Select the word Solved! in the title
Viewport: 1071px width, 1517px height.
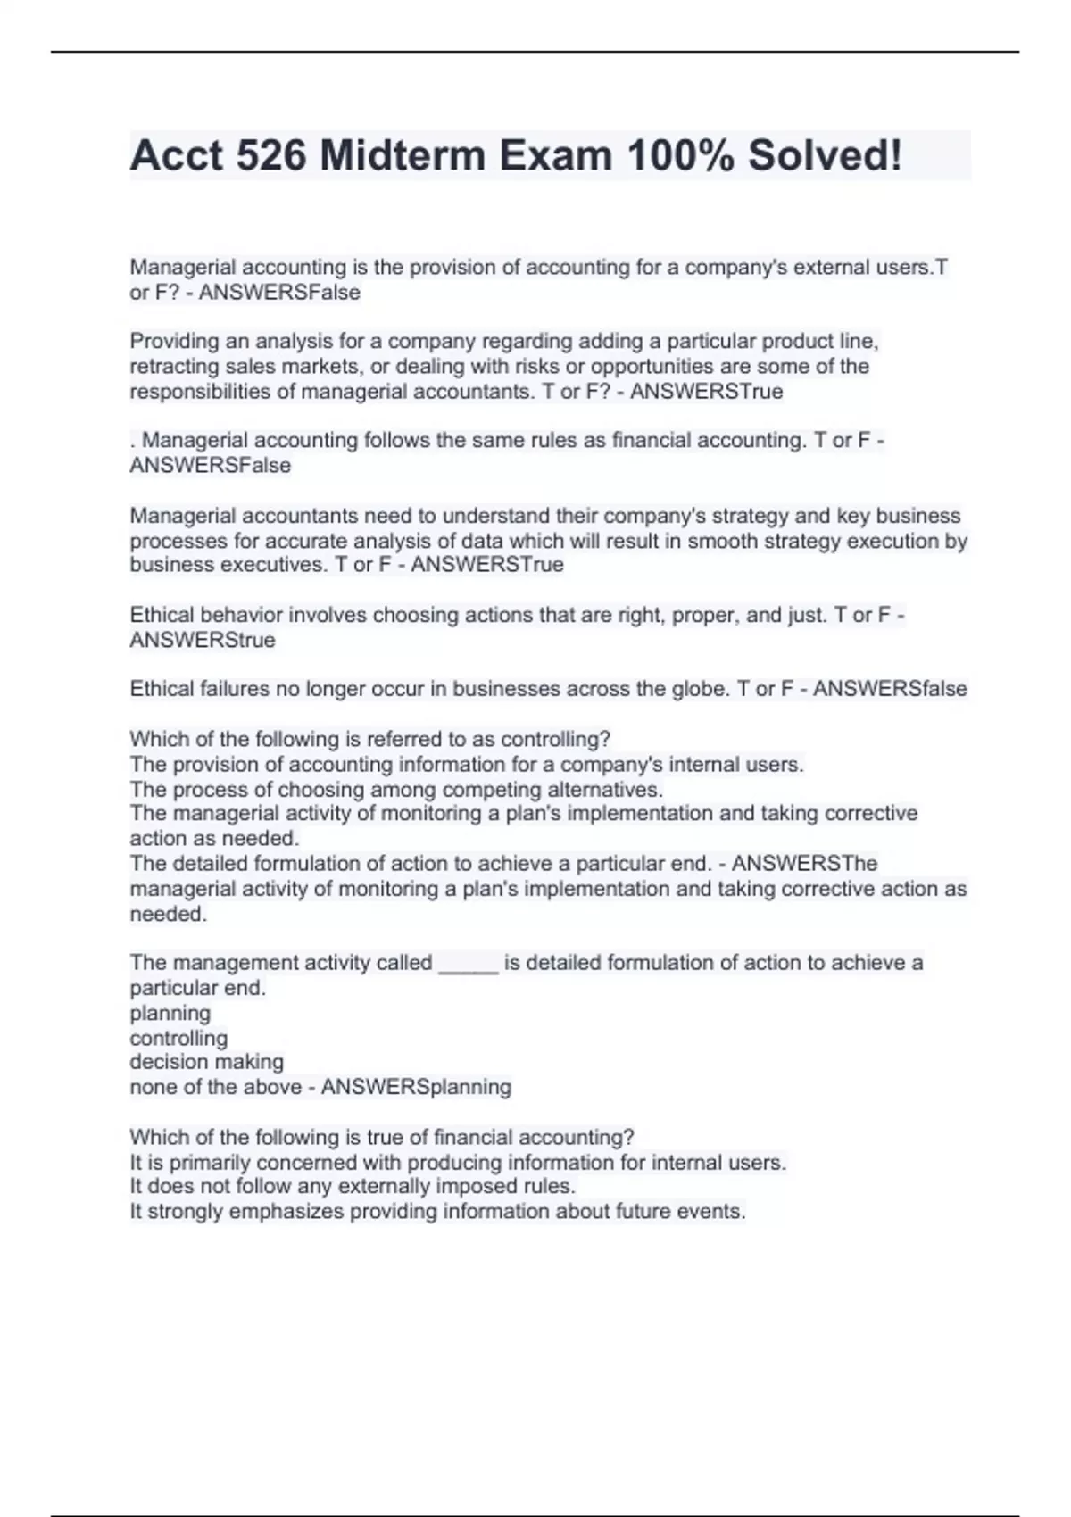pos(824,155)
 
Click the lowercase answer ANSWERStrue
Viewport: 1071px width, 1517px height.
pos(203,640)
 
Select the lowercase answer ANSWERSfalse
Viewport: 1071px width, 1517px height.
pos(890,689)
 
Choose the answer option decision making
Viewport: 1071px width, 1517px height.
pos(206,1062)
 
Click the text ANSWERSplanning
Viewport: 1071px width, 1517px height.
pos(416,1087)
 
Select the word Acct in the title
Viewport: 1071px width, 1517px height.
pos(177,155)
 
